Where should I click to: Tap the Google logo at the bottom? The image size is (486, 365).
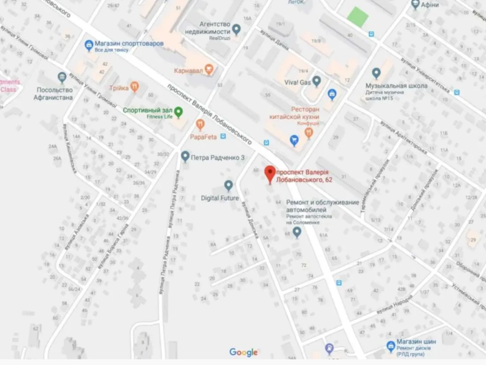(244, 352)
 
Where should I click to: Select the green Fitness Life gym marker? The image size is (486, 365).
(179, 112)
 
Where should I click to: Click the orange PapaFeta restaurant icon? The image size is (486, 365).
(200, 125)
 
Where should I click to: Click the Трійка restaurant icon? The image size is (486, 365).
(135, 88)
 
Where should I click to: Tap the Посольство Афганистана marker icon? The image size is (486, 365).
(61, 77)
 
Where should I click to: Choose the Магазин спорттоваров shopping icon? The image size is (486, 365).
(89, 44)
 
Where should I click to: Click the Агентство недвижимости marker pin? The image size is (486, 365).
(237, 28)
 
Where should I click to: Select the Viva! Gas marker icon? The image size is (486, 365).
(317, 81)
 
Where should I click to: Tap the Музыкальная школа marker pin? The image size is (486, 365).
(376, 73)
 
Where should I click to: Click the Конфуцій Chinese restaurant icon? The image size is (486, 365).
(309, 132)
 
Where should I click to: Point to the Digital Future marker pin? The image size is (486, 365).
(228, 185)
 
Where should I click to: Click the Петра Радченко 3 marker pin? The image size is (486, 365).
(185, 157)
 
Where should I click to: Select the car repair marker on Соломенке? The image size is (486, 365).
(297, 232)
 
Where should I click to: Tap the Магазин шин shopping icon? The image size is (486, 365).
(391, 346)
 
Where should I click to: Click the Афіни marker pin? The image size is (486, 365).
(416, 5)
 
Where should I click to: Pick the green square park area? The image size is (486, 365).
(358, 16)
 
